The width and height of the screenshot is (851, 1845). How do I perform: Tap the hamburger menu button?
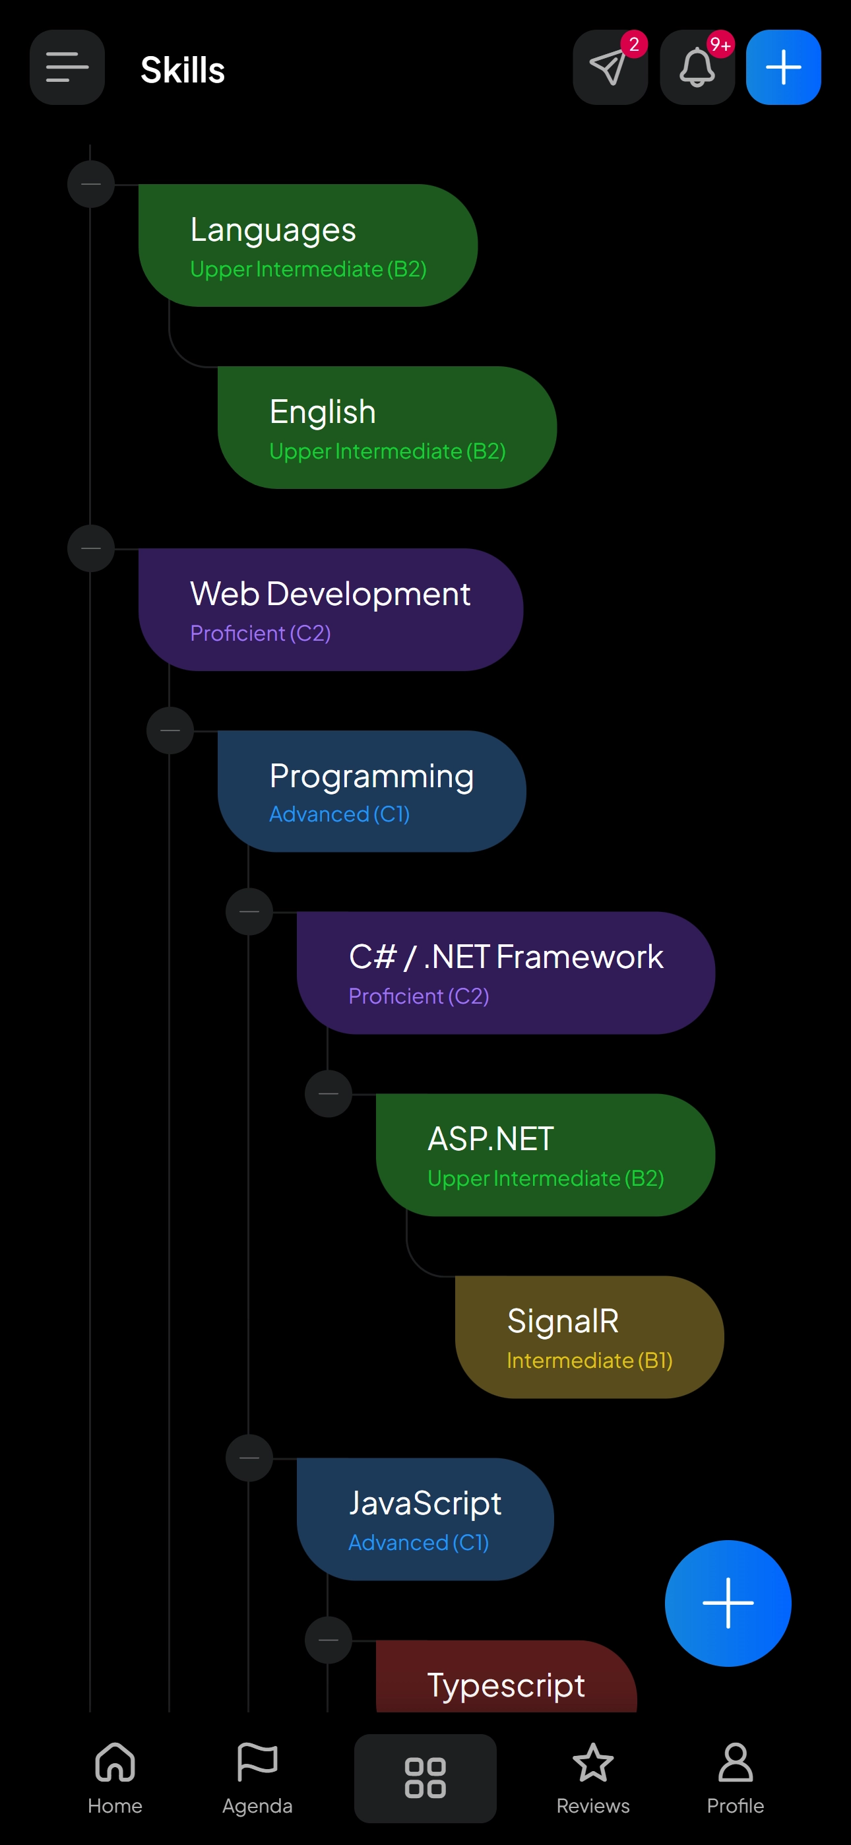tap(67, 67)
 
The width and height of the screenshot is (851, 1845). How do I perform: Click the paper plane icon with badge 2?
tap(610, 67)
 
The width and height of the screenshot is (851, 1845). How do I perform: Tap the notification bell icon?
tap(697, 67)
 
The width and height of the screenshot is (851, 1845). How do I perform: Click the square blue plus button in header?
tap(783, 67)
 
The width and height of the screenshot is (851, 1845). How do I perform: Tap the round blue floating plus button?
tap(728, 1603)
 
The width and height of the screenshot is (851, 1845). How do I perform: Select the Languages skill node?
tap(308, 245)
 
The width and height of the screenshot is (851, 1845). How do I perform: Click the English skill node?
tap(387, 428)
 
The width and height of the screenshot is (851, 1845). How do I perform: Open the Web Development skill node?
tap(331, 610)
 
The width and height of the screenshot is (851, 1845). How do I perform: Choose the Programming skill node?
tap(372, 791)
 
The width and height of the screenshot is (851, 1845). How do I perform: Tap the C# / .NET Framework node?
tap(506, 973)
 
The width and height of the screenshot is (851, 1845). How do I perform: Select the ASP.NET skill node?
tap(545, 1155)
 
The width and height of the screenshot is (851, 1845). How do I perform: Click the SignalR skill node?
tap(589, 1336)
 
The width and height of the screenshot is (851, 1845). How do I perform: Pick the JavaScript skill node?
tap(425, 1518)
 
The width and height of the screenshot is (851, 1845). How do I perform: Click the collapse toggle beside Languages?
tap(91, 184)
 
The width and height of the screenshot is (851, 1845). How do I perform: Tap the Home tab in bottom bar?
tap(115, 1778)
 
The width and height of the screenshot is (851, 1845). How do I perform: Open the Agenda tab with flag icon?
tap(257, 1778)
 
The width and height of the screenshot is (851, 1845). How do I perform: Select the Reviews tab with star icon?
tap(593, 1778)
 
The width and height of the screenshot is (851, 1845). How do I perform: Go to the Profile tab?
tap(735, 1778)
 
